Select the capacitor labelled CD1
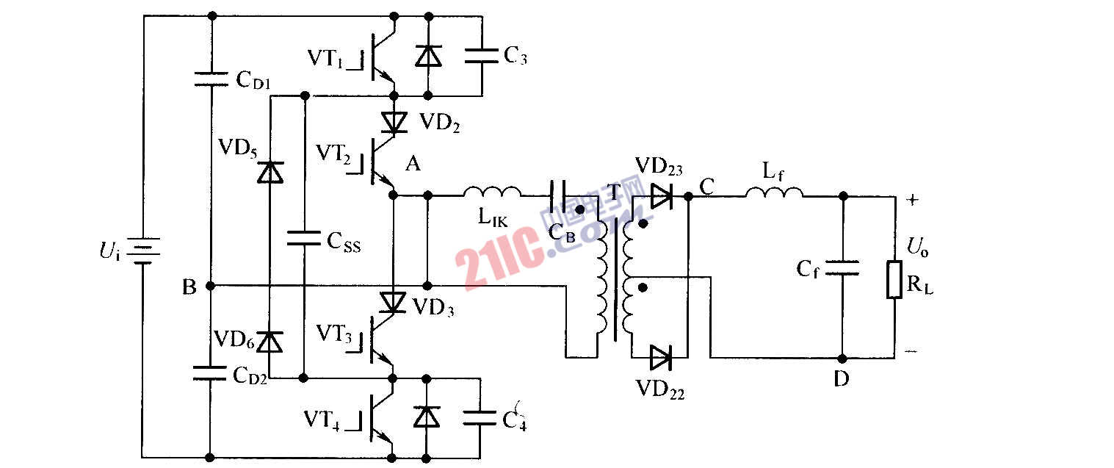pyautogui.click(x=211, y=79)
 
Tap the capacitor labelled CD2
pyautogui.click(x=211, y=372)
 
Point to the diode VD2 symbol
pyautogui.click(x=394, y=120)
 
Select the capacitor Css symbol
pyautogui.click(x=303, y=237)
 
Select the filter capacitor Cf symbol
pyautogui.click(x=842, y=267)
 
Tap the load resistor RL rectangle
pyautogui.click(x=894, y=279)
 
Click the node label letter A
pyautogui.click(x=413, y=165)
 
